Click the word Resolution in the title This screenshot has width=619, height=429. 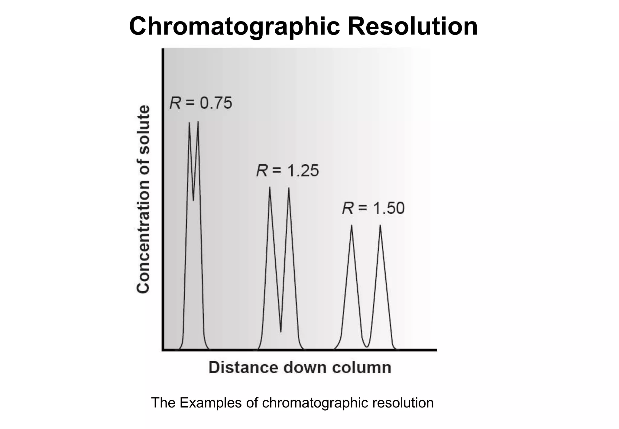(x=412, y=26)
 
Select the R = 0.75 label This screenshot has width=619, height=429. (x=201, y=103)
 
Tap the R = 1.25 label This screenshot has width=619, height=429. (x=287, y=171)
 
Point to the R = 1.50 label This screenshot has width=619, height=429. (x=373, y=208)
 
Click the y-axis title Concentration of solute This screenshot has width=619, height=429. (x=143, y=199)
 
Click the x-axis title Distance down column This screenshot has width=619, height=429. (x=300, y=368)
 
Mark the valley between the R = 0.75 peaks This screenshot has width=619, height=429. (x=193, y=200)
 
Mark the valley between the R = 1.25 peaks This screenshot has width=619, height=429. (x=281, y=331)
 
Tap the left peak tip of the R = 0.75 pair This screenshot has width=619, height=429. (x=189, y=123)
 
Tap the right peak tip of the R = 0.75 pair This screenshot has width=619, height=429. (x=198, y=122)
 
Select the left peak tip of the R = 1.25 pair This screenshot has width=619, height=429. (x=270, y=188)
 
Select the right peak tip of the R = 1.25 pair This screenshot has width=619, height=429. (x=289, y=188)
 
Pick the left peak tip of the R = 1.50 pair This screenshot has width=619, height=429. (x=352, y=226)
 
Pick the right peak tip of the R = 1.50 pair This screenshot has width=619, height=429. (x=380, y=226)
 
